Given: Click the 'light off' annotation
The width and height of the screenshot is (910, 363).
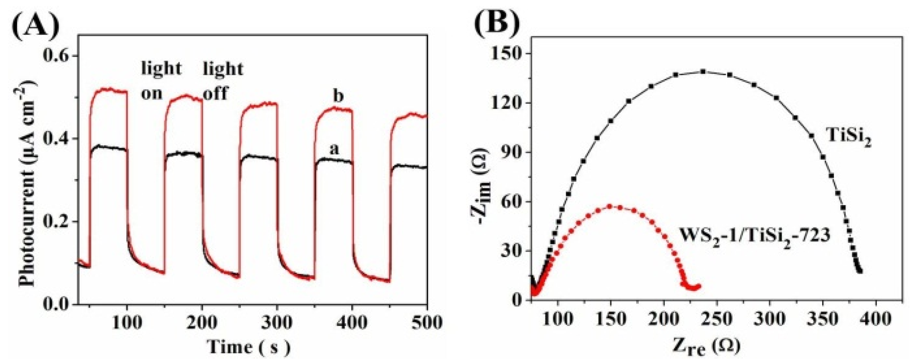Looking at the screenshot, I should point(223,81).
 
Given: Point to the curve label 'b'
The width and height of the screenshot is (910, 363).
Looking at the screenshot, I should point(338,96).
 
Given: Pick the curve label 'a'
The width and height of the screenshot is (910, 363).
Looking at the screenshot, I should point(334,150).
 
